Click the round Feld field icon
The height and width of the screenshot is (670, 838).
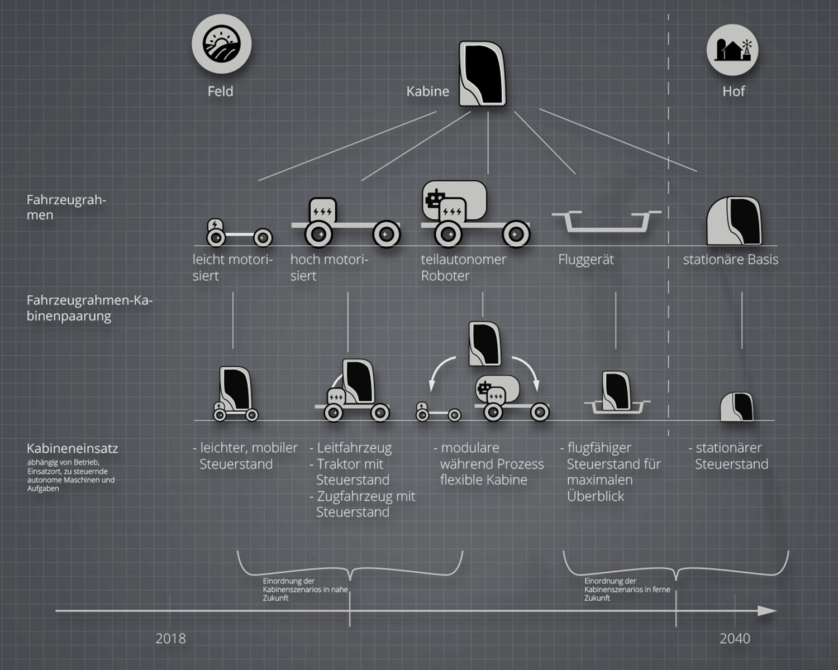click(x=221, y=44)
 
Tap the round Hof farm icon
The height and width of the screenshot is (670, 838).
click(x=733, y=50)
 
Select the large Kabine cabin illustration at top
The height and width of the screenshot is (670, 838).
click(x=482, y=73)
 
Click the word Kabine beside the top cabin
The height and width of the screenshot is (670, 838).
click(x=427, y=92)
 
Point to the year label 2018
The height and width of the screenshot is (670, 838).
click(x=170, y=638)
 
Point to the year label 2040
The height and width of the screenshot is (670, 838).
click(x=735, y=638)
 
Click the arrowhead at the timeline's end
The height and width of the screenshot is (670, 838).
click(x=768, y=611)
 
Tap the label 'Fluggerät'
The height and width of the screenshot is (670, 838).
click(x=585, y=260)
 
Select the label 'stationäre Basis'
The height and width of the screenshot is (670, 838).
click(x=730, y=260)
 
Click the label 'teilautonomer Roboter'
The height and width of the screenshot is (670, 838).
click(x=463, y=267)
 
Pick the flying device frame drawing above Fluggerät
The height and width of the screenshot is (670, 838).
click(x=606, y=221)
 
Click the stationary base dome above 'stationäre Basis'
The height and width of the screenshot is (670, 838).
click(x=734, y=221)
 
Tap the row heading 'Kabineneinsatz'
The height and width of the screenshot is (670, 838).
click(x=72, y=448)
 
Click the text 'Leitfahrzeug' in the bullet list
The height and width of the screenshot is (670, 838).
click(x=354, y=448)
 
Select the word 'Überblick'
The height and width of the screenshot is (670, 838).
click(x=596, y=496)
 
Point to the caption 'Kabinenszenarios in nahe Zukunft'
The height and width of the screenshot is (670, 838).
click(x=305, y=590)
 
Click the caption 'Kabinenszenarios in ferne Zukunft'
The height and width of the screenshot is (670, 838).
click(x=627, y=590)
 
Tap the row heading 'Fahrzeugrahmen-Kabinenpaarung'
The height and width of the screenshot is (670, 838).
click(x=89, y=308)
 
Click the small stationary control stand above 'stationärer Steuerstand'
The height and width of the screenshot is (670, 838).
click(x=736, y=406)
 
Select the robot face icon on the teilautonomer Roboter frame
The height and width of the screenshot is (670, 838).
click(x=435, y=198)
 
